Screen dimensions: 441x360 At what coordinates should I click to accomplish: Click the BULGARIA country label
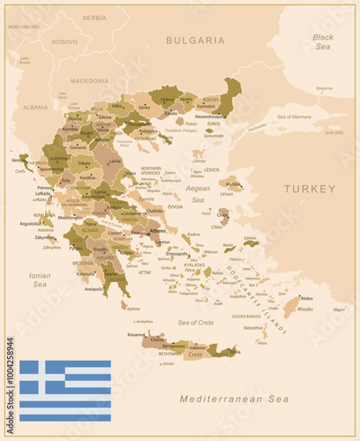point(195,40)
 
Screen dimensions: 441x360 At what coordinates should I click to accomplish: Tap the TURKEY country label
point(309,189)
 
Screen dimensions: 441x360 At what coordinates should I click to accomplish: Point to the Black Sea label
point(322,41)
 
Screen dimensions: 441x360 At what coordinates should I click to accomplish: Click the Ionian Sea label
point(40,280)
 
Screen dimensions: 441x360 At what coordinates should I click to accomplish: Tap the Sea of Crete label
point(195,323)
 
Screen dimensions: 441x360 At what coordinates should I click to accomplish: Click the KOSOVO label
point(64,41)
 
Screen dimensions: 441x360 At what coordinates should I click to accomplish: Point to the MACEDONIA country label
point(89,80)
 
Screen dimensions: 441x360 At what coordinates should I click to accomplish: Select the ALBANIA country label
point(35,107)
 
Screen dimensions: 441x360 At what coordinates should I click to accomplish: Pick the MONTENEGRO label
point(24,26)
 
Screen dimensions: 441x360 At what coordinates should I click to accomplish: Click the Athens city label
point(158,230)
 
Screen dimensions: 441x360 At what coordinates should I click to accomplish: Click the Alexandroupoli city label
point(209,116)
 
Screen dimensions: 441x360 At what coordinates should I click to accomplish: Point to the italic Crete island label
point(195,354)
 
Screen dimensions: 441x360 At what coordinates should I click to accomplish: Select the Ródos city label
point(306,298)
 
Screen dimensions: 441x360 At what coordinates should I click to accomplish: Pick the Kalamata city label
point(86,273)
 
